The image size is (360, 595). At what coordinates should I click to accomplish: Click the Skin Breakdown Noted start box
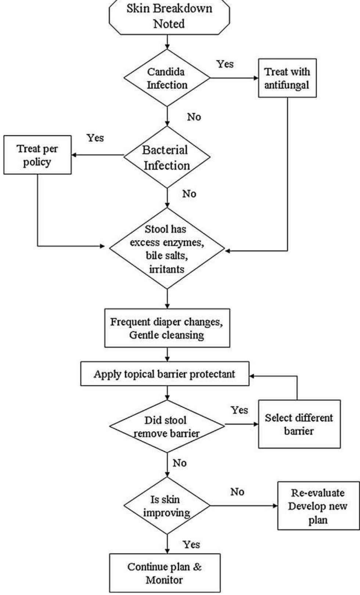[169, 17]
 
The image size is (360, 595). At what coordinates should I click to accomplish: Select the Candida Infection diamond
[167, 78]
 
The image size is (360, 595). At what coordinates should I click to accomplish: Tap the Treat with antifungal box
[287, 78]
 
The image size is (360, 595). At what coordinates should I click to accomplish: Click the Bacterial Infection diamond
[167, 157]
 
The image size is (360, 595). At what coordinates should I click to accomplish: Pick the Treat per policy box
[37, 155]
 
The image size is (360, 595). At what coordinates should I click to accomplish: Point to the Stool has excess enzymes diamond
[167, 249]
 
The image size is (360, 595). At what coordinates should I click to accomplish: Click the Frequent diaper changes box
[167, 328]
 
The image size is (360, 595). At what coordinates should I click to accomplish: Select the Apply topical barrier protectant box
[165, 374]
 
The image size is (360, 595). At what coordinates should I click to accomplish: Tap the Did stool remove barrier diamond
[167, 426]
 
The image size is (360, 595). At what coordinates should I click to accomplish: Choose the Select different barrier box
[299, 424]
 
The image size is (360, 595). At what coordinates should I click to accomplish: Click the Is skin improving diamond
[167, 506]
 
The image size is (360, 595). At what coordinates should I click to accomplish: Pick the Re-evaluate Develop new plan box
[318, 506]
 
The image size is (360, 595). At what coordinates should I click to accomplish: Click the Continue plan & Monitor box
[165, 573]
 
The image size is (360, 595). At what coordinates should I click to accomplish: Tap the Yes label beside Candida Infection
[225, 64]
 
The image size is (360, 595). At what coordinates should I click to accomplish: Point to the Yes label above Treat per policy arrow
[95, 138]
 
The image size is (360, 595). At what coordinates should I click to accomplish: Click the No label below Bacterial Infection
[189, 194]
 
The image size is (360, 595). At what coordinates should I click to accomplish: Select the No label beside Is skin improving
[237, 492]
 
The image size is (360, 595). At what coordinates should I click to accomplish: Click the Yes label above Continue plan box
[191, 544]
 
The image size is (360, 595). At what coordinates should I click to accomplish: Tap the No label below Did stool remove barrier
[179, 463]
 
